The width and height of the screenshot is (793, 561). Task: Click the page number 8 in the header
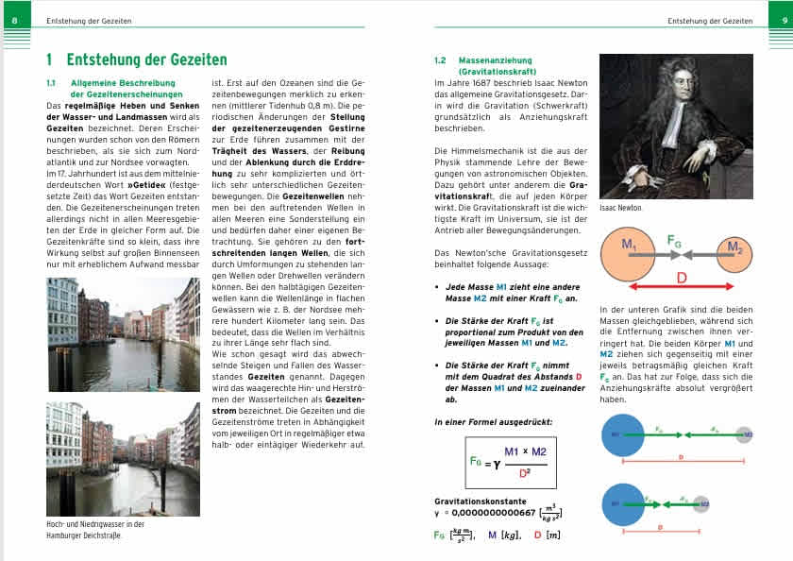pos(12,20)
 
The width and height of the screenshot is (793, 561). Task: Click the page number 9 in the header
pos(779,20)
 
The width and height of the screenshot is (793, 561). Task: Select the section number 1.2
pos(440,60)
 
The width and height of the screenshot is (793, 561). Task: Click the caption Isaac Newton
pos(620,207)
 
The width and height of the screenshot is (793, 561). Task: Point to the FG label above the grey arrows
pos(675,240)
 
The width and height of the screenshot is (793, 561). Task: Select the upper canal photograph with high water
pos(123,335)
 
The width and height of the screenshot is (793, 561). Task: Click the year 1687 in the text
pos(478,83)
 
